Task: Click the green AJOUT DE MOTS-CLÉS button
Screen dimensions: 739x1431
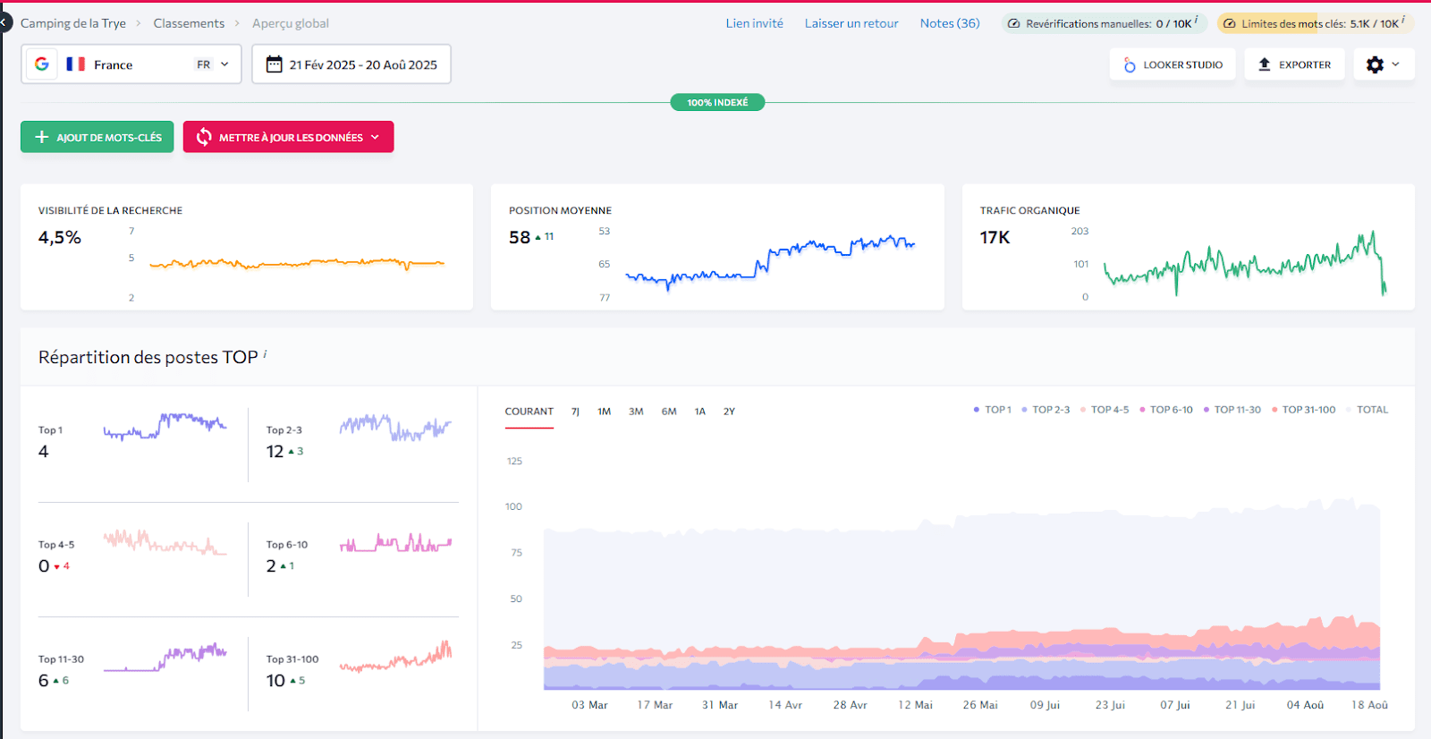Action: pyautogui.click(x=97, y=137)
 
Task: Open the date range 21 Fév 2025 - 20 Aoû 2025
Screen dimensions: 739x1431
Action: pyautogui.click(x=351, y=64)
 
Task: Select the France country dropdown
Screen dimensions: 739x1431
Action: pyautogui.click(x=131, y=64)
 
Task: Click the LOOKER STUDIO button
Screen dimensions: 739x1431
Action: pyautogui.click(x=1173, y=64)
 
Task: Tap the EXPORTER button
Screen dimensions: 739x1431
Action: pyautogui.click(x=1294, y=64)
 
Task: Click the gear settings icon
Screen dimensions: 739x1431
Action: pyautogui.click(x=1376, y=64)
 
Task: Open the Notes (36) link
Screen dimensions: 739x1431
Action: pyautogui.click(x=949, y=23)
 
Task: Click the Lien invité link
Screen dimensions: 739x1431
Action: pyautogui.click(x=754, y=23)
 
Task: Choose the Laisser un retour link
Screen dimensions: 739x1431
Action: pyautogui.click(x=851, y=23)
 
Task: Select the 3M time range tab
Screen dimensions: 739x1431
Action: pyautogui.click(x=636, y=412)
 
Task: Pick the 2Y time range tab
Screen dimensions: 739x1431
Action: pyautogui.click(x=729, y=412)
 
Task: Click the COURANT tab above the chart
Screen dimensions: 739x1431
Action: pyautogui.click(x=529, y=412)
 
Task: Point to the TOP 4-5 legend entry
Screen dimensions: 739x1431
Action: pyautogui.click(x=1109, y=410)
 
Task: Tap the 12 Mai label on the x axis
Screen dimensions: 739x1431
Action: pyautogui.click(x=915, y=705)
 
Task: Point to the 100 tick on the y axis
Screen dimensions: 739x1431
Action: pyautogui.click(x=513, y=506)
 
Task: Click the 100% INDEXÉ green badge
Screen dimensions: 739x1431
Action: pyautogui.click(x=717, y=102)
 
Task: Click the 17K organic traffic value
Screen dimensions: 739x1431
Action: pyautogui.click(x=995, y=237)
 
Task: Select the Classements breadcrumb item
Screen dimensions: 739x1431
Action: pyautogui.click(x=189, y=23)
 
